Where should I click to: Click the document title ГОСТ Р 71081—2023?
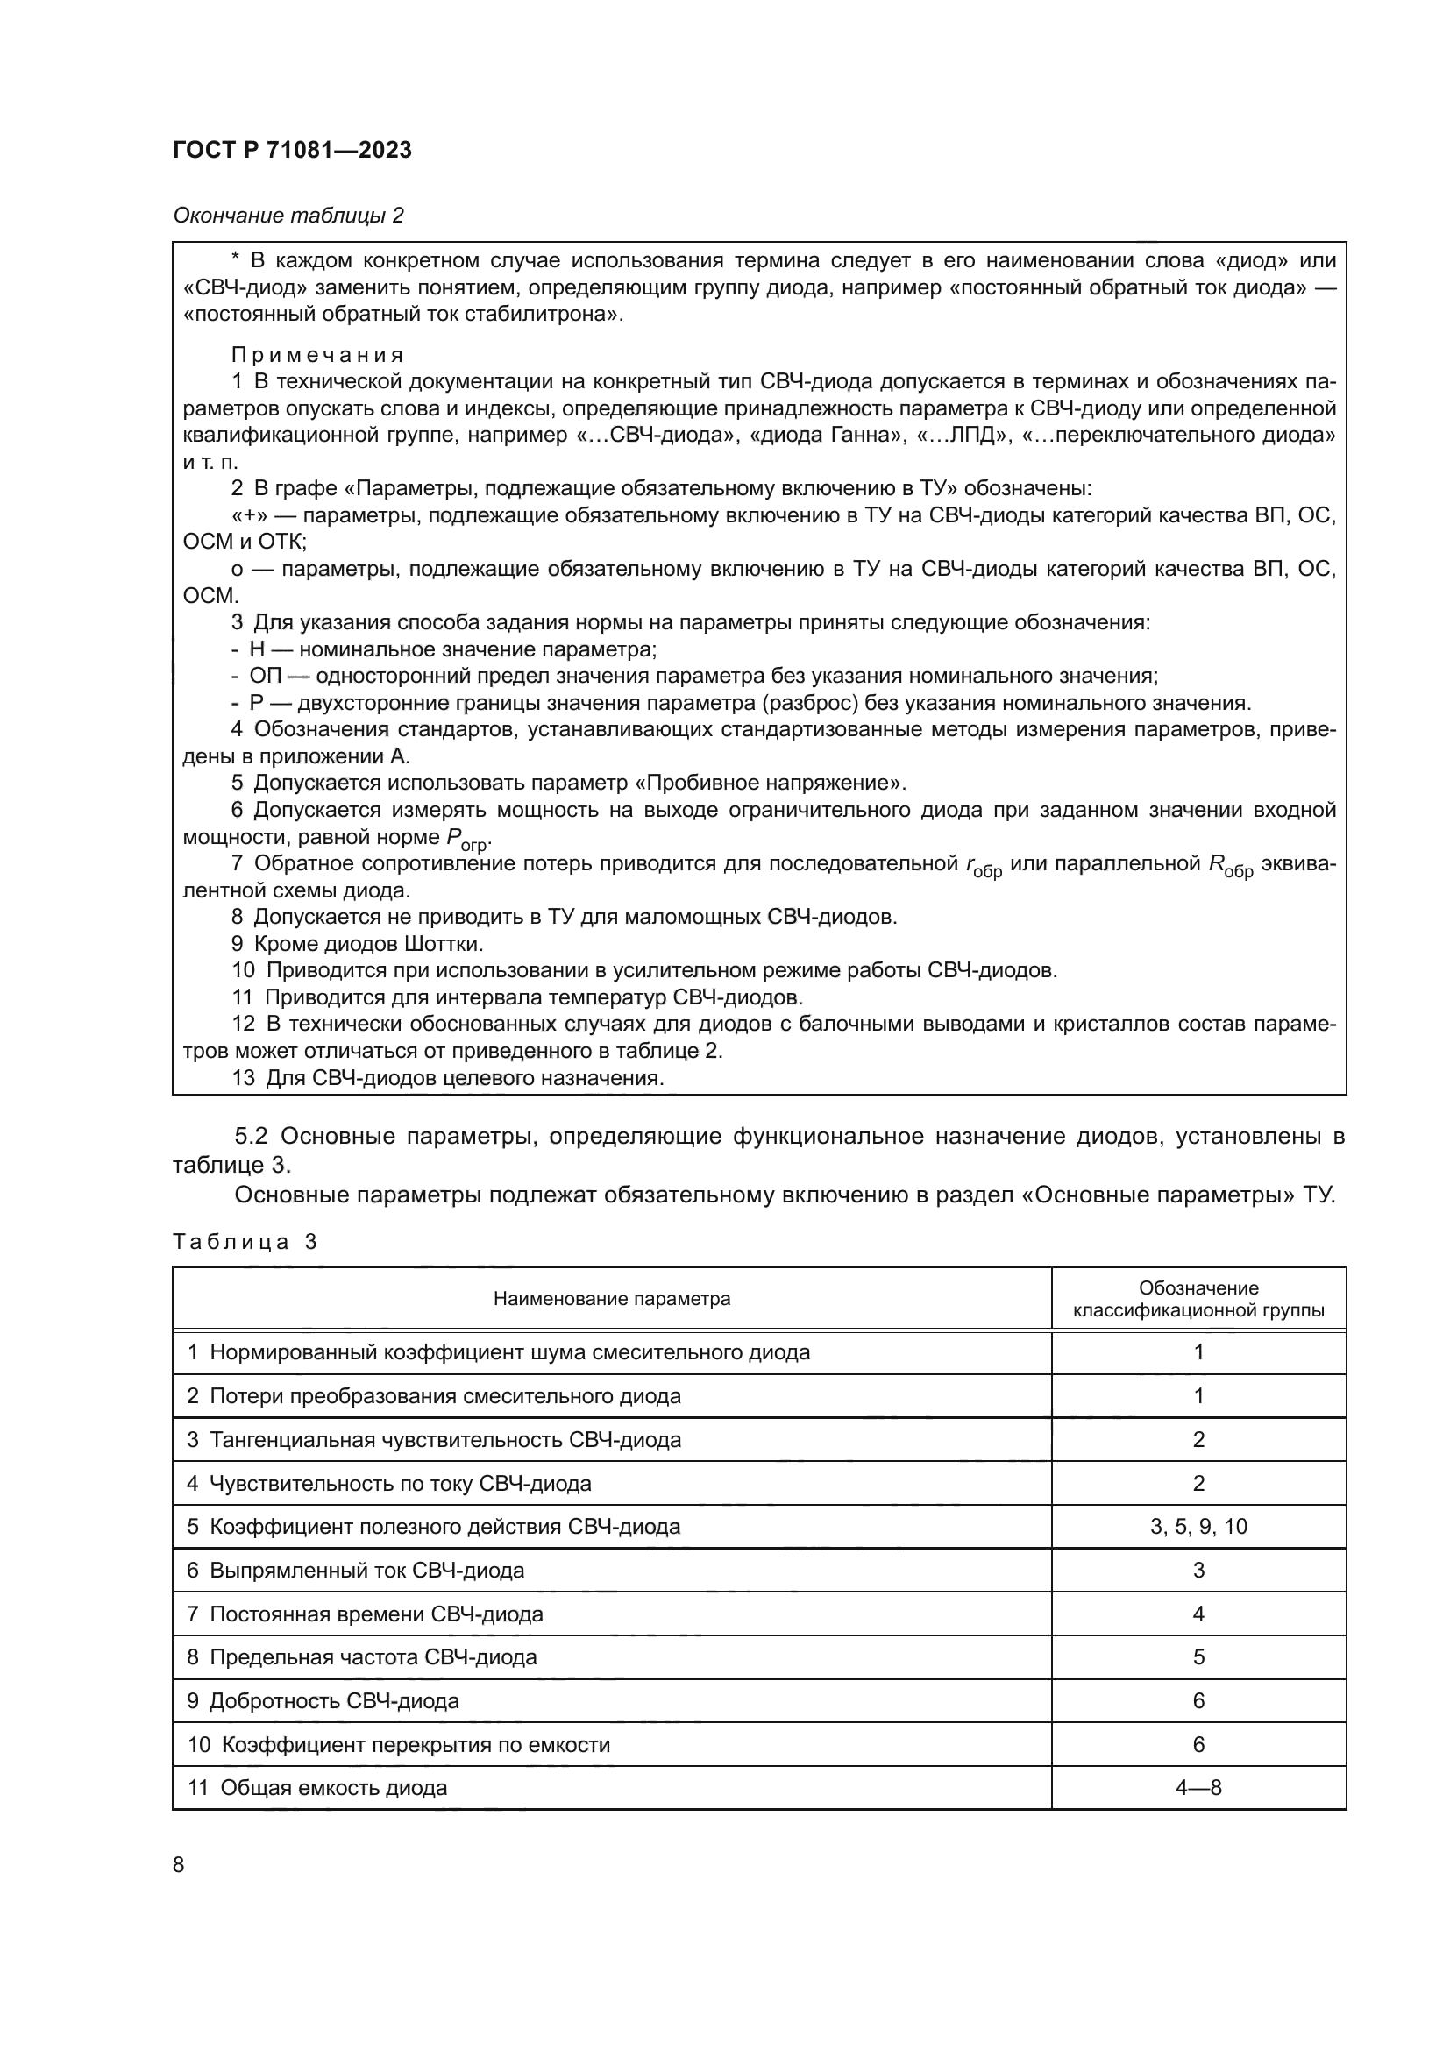[292, 150]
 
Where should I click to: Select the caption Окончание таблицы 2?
[288, 216]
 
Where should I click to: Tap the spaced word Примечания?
[317, 354]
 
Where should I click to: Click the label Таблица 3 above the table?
[245, 1242]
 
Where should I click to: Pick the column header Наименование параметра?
[612, 1299]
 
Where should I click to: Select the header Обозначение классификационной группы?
[1198, 1299]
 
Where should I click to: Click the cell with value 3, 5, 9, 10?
[1198, 1527]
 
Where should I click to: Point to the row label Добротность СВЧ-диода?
[334, 1701]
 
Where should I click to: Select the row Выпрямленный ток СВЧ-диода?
[366, 1571]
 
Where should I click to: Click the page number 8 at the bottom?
[179, 1865]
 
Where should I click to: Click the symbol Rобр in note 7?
[1229, 865]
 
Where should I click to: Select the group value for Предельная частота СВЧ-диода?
[1198, 1657]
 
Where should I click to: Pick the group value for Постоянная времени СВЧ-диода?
[1198, 1614]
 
